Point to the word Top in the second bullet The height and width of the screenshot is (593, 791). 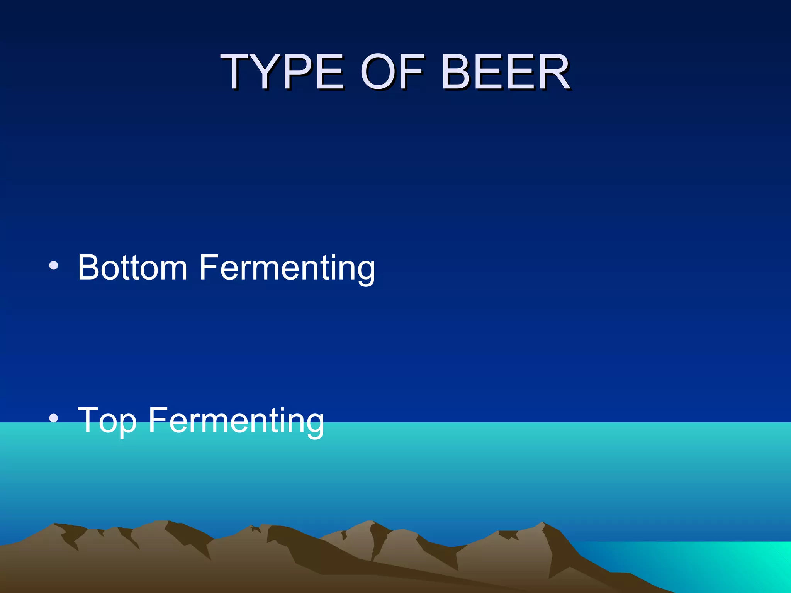point(107,421)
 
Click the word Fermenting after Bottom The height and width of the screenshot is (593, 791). point(287,268)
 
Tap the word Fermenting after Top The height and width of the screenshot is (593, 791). point(236,421)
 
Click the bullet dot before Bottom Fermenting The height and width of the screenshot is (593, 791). point(54,265)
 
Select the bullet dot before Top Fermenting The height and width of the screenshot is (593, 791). point(54,418)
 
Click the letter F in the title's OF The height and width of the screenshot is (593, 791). point(410,72)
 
